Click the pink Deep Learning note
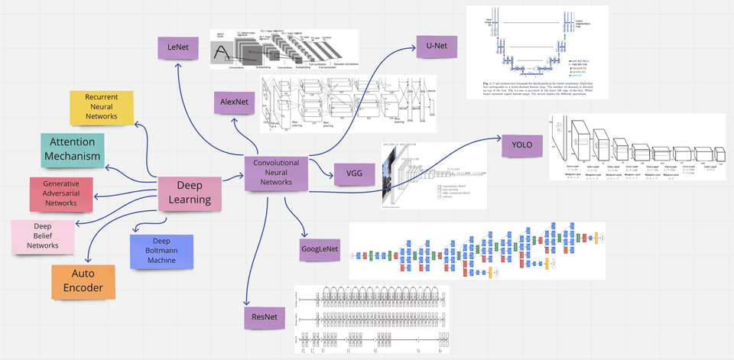(x=190, y=193)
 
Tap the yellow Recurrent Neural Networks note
(x=102, y=108)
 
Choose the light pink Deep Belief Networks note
(x=43, y=236)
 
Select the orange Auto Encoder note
(x=83, y=281)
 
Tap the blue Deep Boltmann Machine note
(x=161, y=251)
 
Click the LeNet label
(x=178, y=50)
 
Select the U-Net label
(x=437, y=47)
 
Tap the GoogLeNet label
(x=320, y=249)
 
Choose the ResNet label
(x=264, y=316)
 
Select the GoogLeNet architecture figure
(x=476, y=250)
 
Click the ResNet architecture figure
(x=372, y=319)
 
